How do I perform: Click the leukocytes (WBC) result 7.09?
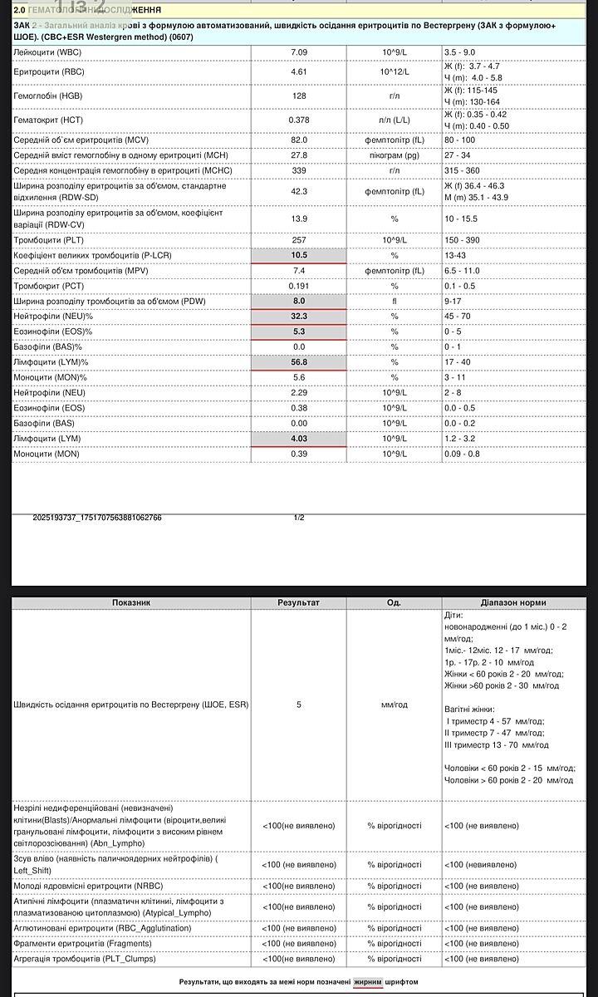299,52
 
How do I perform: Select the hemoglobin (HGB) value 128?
299,96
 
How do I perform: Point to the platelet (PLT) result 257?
299,240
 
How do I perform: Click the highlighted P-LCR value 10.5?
299,255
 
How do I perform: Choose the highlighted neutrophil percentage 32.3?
299,317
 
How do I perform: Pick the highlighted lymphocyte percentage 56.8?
299,362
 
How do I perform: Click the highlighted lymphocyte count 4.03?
299,439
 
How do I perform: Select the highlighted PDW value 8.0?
299,301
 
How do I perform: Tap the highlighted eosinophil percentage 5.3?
299,332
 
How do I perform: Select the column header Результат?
299,602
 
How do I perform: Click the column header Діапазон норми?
513,602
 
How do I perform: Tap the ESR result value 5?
299,705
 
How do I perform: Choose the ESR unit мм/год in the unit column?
395,705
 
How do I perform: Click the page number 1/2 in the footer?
299,518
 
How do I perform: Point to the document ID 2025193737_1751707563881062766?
97,518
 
